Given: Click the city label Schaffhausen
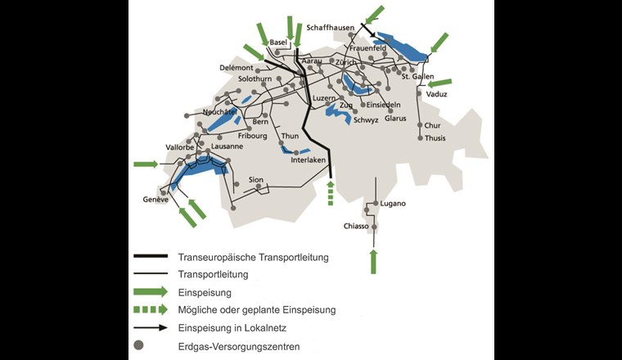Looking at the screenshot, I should coord(330,27).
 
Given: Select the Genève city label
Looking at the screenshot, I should coord(155,200).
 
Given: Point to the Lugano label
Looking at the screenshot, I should coord(393,203).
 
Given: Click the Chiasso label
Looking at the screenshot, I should coord(356,226).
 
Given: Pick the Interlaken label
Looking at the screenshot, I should coord(309,160).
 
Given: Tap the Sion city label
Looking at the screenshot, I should coord(256,178).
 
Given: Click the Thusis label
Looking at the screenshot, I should coord(435,138).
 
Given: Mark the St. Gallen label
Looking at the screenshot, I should coord(417,77).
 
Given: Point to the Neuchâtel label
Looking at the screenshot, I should coord(219,110).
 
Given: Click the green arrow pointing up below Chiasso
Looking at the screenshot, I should coord(374,261).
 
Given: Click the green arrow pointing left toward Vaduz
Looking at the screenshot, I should coord(439,82).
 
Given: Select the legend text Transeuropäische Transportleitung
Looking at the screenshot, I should coord(253,257).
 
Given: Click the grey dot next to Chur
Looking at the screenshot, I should coord(420,125).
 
